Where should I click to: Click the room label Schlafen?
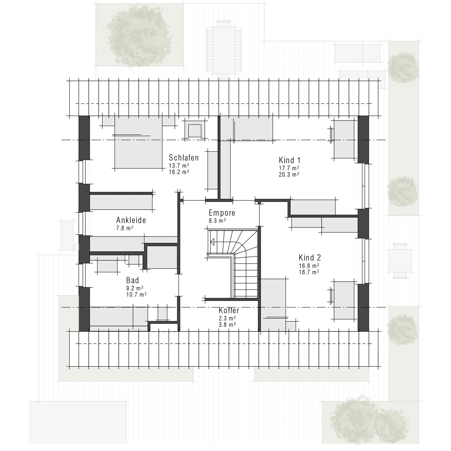coord(184,158)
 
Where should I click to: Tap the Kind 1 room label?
coord(289,160)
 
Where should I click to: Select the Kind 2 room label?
coord(309,258)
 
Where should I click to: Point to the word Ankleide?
coord(131,220)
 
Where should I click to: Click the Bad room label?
coord(132,280)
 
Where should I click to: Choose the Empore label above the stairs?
coord(222,213)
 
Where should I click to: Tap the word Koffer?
coord(229,311)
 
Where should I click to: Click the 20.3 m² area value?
coord(289,174)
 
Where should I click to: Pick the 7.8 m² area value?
coord(125,228)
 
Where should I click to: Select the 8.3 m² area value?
coord(217,221)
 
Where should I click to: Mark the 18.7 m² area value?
coord(309,272)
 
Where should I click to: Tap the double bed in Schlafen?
coord(138,144)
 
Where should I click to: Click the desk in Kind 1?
coord(344,139)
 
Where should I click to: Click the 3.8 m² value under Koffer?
coord(227,324)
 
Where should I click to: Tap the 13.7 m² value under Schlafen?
coord(179,165)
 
